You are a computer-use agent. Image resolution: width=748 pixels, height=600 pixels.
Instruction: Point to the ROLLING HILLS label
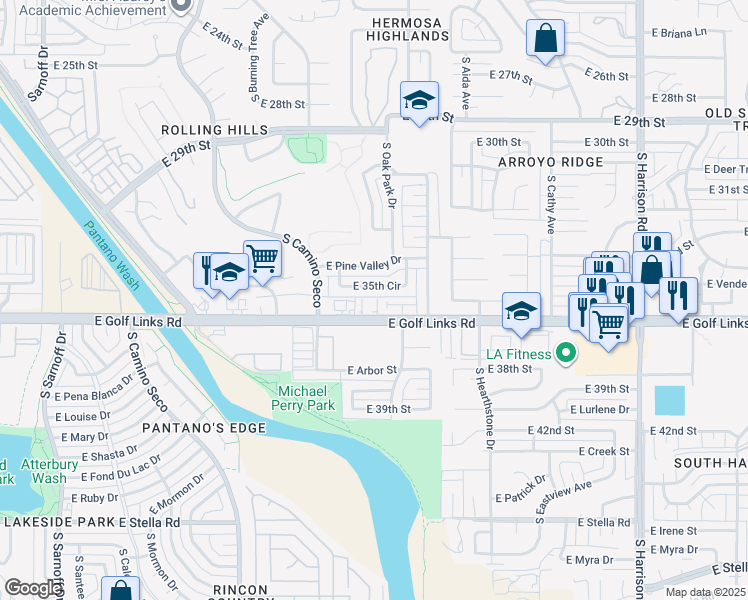(215, 130)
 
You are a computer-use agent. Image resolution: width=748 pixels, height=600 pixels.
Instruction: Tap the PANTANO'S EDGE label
(204, 428)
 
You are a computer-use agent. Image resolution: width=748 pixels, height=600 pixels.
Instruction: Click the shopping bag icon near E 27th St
(546, 39)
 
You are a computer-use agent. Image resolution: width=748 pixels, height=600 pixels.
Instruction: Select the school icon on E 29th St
(419, 98)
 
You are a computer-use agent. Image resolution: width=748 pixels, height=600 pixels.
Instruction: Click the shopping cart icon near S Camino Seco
(262, 257)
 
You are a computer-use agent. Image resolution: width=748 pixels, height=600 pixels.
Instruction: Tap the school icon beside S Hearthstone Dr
(521, 310)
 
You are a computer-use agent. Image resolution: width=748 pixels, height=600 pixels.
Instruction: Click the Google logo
(33, 588)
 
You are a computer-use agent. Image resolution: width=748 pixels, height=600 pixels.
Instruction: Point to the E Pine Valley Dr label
(364, 264)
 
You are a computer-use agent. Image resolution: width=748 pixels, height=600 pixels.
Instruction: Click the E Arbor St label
(372, 370)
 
